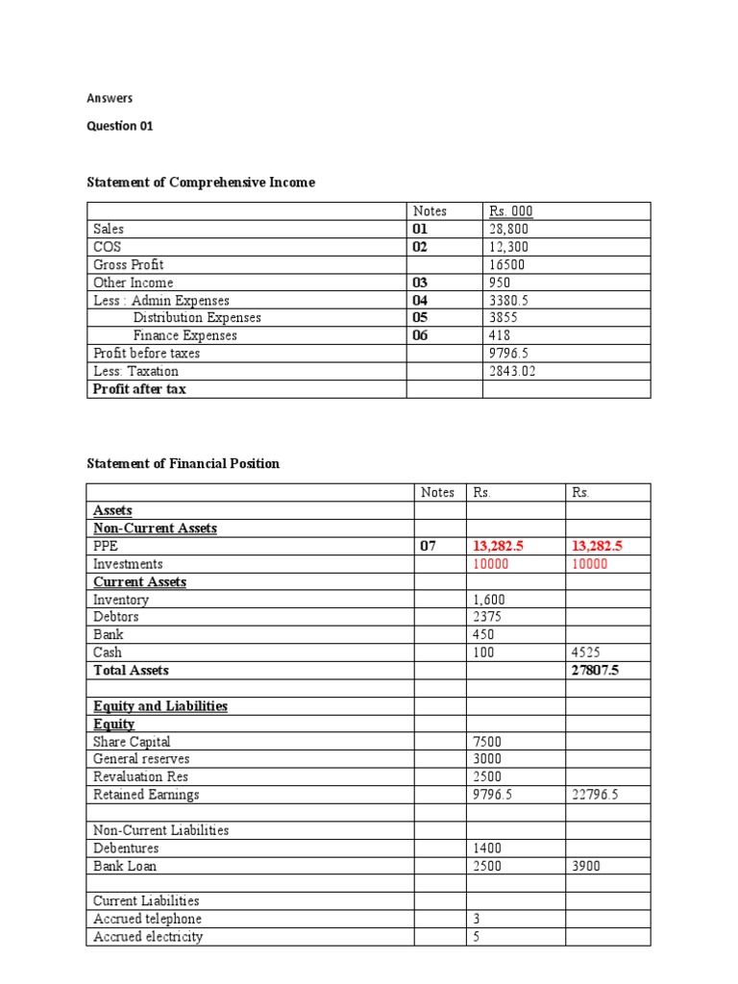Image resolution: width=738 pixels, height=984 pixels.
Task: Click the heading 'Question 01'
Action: pyautogui.click(x=120, y=126)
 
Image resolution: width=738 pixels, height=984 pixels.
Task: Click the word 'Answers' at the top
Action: pyautogui.click(x=110, y=98)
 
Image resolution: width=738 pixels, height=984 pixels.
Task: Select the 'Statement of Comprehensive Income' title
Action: pyautogui.click(x=201, y=183)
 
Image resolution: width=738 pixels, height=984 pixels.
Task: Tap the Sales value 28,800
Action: pyautogui.click(x=509, y=230)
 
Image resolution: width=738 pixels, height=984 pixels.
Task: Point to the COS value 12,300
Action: pyautogui.click(x=509, y=247)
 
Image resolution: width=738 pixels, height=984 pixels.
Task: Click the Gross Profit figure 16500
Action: pyautogui.click(x=506, y=265)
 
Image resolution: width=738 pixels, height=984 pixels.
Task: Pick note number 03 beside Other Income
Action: pyautogui.click(x=420, y=283)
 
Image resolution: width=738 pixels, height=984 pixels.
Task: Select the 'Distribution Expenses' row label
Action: pyautogui.click(x=197, y=318)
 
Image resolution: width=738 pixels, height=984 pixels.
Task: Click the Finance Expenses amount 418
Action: pyautogui.click(x=501, y=335)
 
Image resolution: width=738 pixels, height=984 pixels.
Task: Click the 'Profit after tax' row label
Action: pyautogui.click(x=139, y=389)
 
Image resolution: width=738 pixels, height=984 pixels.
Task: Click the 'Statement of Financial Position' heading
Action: pyautogui.click(x=184, y=463)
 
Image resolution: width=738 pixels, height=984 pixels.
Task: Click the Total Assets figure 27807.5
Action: pyautogui.click(x=595, y=670)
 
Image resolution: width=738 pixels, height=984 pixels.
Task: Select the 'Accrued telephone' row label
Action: pyautogui.click(x=147, y=919)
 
